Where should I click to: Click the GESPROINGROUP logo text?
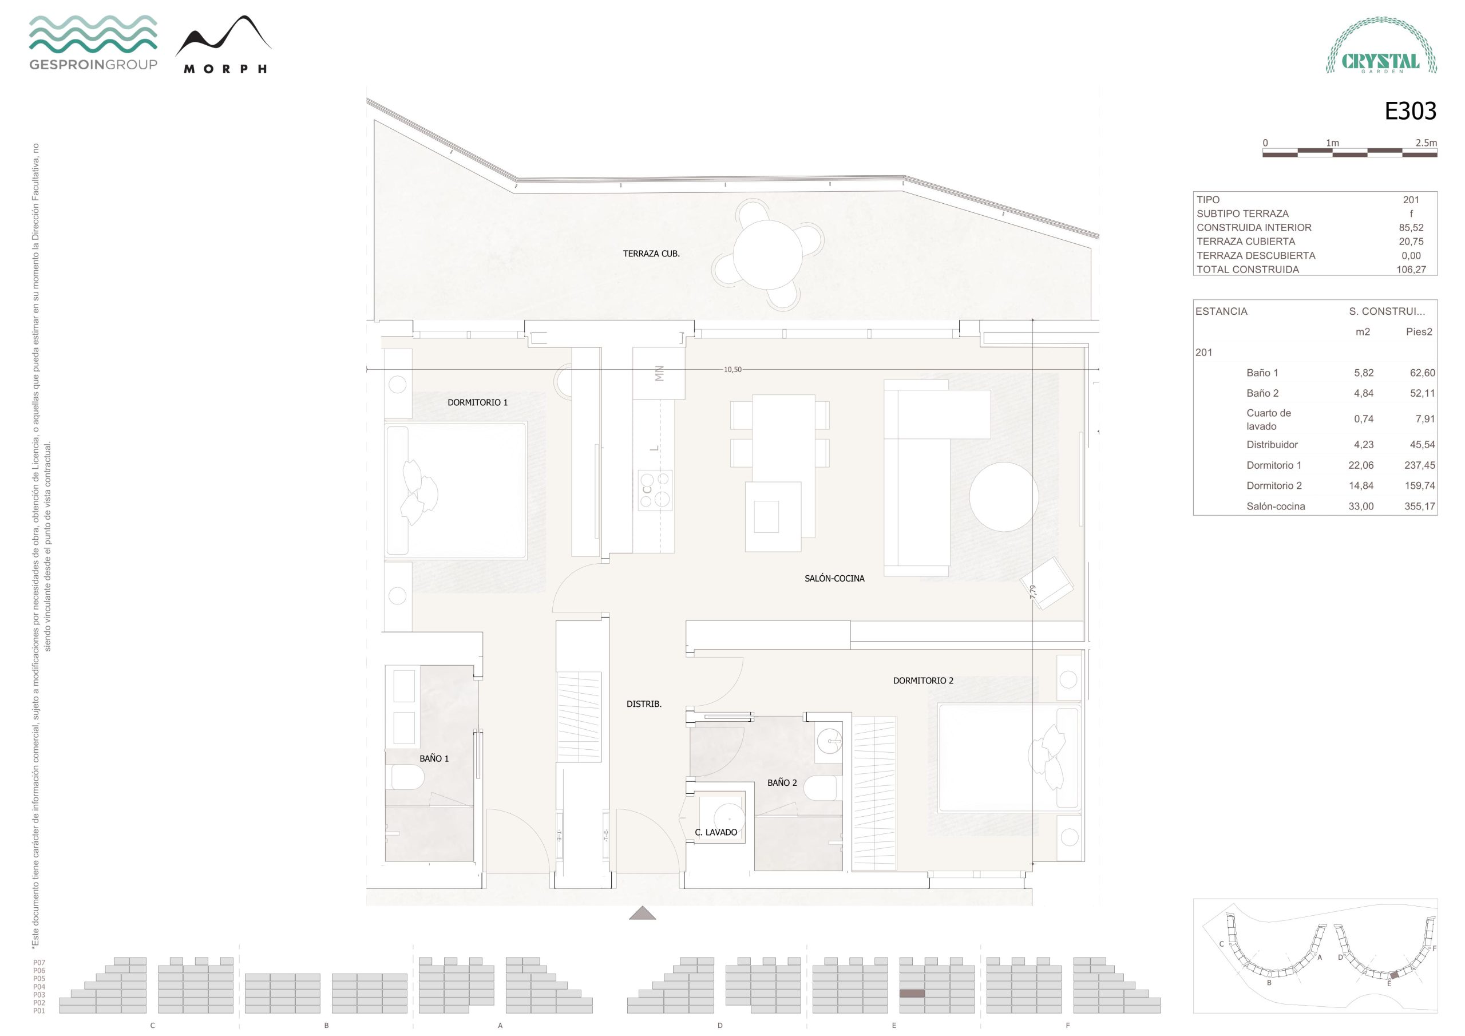(x=93, y=65)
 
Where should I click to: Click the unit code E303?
(x=1410, y=111)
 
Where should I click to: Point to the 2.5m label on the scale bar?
(x=1426, y=143)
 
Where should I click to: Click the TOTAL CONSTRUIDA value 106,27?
(x=1411, y=270)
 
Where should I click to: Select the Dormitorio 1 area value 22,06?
(x=1360, y=465)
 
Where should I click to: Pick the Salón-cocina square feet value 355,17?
(x=1419, y=506)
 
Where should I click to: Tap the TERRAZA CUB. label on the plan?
(x=651, y=254)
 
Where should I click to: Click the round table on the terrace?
(x=767, y=254)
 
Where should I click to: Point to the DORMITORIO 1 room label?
(x=477, y=402)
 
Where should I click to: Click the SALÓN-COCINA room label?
(x=834, y=578)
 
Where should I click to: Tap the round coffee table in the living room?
(x=1004, y=497)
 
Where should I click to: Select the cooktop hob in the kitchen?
(x=655, y=489)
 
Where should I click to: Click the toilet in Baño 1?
(x=407, y=777)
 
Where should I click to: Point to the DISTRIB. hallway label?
(x=644, y=704)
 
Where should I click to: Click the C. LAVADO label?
(x=716, y=832)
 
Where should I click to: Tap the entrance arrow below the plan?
(x=643, y=914)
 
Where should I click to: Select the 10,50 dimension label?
(x=732, y=370)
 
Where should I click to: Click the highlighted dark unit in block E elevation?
(x=912, y=993)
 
